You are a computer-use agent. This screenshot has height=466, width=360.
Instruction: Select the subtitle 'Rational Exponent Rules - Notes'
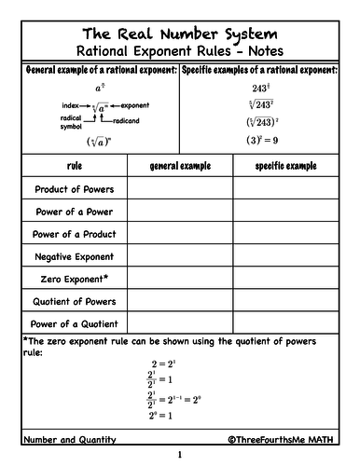pos(180,50)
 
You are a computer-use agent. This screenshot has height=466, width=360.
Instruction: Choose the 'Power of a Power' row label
pos(74,212)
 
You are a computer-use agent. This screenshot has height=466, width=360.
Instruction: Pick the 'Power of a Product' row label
pos(74,234)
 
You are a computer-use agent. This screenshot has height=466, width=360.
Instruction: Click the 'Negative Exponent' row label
pos(74,256)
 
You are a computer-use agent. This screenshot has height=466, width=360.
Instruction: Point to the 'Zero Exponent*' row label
pos(74,279)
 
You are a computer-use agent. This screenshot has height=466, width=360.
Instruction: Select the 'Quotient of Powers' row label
pos(74,301)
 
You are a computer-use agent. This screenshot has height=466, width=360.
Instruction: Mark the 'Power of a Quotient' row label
pos(74,323)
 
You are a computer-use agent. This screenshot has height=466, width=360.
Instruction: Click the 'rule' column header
pos(74,166)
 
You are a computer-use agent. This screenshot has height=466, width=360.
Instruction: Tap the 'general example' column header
pos(181,166)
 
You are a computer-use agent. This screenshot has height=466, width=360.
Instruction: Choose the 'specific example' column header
pos(287,166)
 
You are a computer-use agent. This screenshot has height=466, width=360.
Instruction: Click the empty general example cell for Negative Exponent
pos(181,256)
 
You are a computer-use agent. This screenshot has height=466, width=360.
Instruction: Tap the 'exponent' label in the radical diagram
pos(136,105)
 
